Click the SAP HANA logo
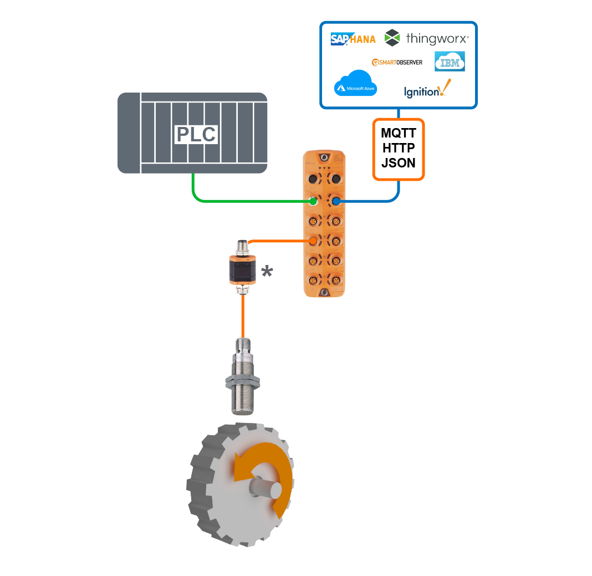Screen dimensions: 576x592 point(353,39)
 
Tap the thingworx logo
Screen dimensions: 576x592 point(427,38)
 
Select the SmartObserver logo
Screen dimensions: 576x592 point(397,62)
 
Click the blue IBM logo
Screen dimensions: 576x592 point(450,62)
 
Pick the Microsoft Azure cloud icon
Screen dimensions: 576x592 point(355,84)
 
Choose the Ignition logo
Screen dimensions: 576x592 point(424,90)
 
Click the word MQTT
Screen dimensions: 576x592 point(399,134)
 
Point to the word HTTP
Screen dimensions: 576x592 point(399,148)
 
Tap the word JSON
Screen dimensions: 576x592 point(399,163)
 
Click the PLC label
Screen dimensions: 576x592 point(196,135)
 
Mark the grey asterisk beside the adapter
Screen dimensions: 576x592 point(267,272)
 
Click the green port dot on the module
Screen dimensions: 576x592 point(313,201)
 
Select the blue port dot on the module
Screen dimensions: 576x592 point(335,201)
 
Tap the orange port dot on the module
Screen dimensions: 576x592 point(313,241)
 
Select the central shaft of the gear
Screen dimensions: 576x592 point(265,490)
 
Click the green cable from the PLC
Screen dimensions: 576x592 point(233,200)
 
